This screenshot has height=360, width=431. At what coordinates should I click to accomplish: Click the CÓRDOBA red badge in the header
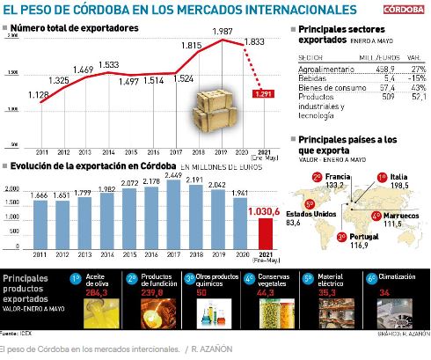406,10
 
